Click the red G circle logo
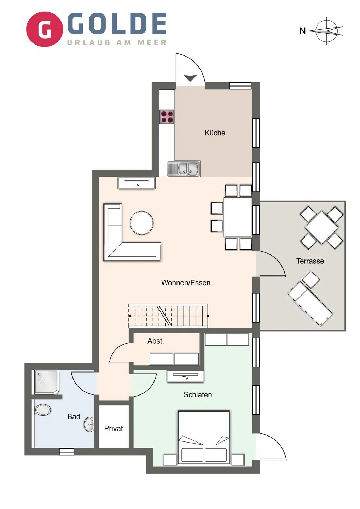45,29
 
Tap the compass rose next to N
327,31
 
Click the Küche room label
215,133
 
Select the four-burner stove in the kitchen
167,117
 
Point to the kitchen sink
184,169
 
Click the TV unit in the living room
137,183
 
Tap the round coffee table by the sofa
142,223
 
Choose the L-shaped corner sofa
120,244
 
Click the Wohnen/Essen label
186,283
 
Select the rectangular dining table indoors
238,217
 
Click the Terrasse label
310,261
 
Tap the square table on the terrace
321,227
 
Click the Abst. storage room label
156,341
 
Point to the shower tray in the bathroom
46,382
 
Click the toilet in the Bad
43,410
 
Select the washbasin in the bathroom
89,424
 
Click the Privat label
114,428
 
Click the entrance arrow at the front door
190,78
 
